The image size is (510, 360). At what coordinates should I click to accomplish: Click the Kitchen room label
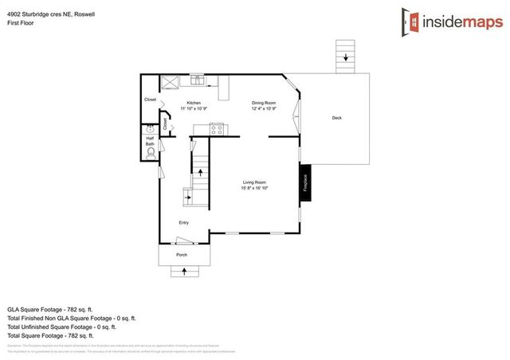click(194, 104)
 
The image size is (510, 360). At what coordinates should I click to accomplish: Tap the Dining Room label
click(264, 104)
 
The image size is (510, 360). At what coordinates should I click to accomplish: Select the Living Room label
click(254, 183)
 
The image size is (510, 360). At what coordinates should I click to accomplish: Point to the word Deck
click(336, 118)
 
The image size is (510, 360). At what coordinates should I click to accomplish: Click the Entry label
click(183, 222)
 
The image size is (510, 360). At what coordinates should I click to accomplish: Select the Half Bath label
click(150, 140)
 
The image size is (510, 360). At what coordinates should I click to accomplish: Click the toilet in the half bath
click(150, 157)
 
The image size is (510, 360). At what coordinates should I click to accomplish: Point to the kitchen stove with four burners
click(217, 128)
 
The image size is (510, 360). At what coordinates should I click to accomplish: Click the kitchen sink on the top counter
click(196, 80)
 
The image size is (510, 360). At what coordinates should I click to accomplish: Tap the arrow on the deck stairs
click(346, 57)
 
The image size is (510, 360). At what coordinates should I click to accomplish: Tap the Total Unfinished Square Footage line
click(61, 327)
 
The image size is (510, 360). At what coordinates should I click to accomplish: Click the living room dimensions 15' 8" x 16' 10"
click(255, 189)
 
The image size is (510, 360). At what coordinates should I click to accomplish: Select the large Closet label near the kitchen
click(150, 100)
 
